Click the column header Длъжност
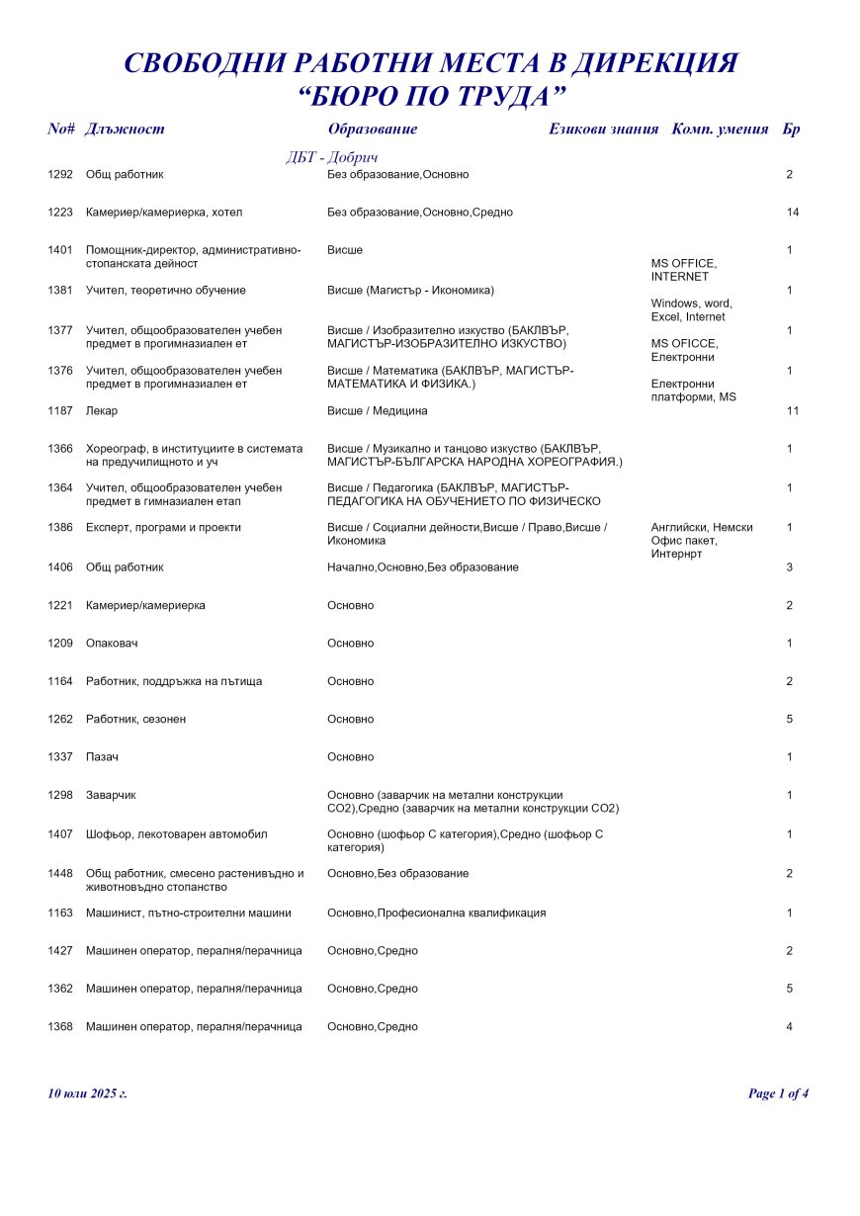click(x=125, y=130)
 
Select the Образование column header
click(x=372, y=130)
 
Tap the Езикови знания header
click(x=603, y=130)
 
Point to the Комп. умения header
click(x=720, y=130)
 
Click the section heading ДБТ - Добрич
click(x=332, y=158)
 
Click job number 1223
click(x=60, y=213)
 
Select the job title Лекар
click(x=101, y=410)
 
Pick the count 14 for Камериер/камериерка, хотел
click(x=792, y=213)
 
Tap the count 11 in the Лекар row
click(x=792, y=410)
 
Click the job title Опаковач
click(x=112, y=644)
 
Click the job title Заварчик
click(x=111, y=795)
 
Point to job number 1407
click(x=60, y=834)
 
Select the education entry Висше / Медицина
click(x=378, y=410)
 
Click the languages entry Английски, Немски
click(x=702, y=528)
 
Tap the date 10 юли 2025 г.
click(x=87, y=1093)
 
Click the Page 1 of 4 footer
click(x=779, y=1093)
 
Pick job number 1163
click(x=60, y=913)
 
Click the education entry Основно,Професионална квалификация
click(x=436, y=913)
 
